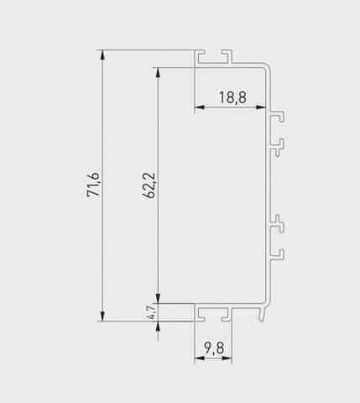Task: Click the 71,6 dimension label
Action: click(x=93, y=185)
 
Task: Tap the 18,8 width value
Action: click(x=232, y=97)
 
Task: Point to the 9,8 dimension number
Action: click(x=214, y=348)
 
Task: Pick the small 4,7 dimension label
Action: click(x=151, y=312)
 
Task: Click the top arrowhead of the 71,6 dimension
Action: click(x=102, y=55)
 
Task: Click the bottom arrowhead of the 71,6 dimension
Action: click(x=102, y=317)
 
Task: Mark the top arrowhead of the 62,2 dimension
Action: click(x=158, y=72)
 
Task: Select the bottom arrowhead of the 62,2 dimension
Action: click(x=158, y=298)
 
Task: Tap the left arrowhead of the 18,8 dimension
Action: click(x=200, y=107)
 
